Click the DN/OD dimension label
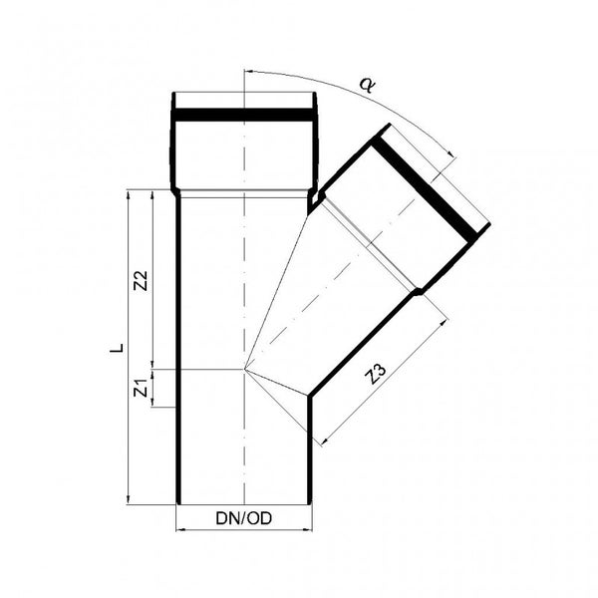244,518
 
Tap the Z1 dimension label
142,388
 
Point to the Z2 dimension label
141,281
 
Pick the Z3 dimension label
376,374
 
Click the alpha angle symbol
368,86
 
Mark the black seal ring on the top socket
244,115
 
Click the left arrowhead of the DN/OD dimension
179,529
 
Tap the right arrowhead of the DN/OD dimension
308,529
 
